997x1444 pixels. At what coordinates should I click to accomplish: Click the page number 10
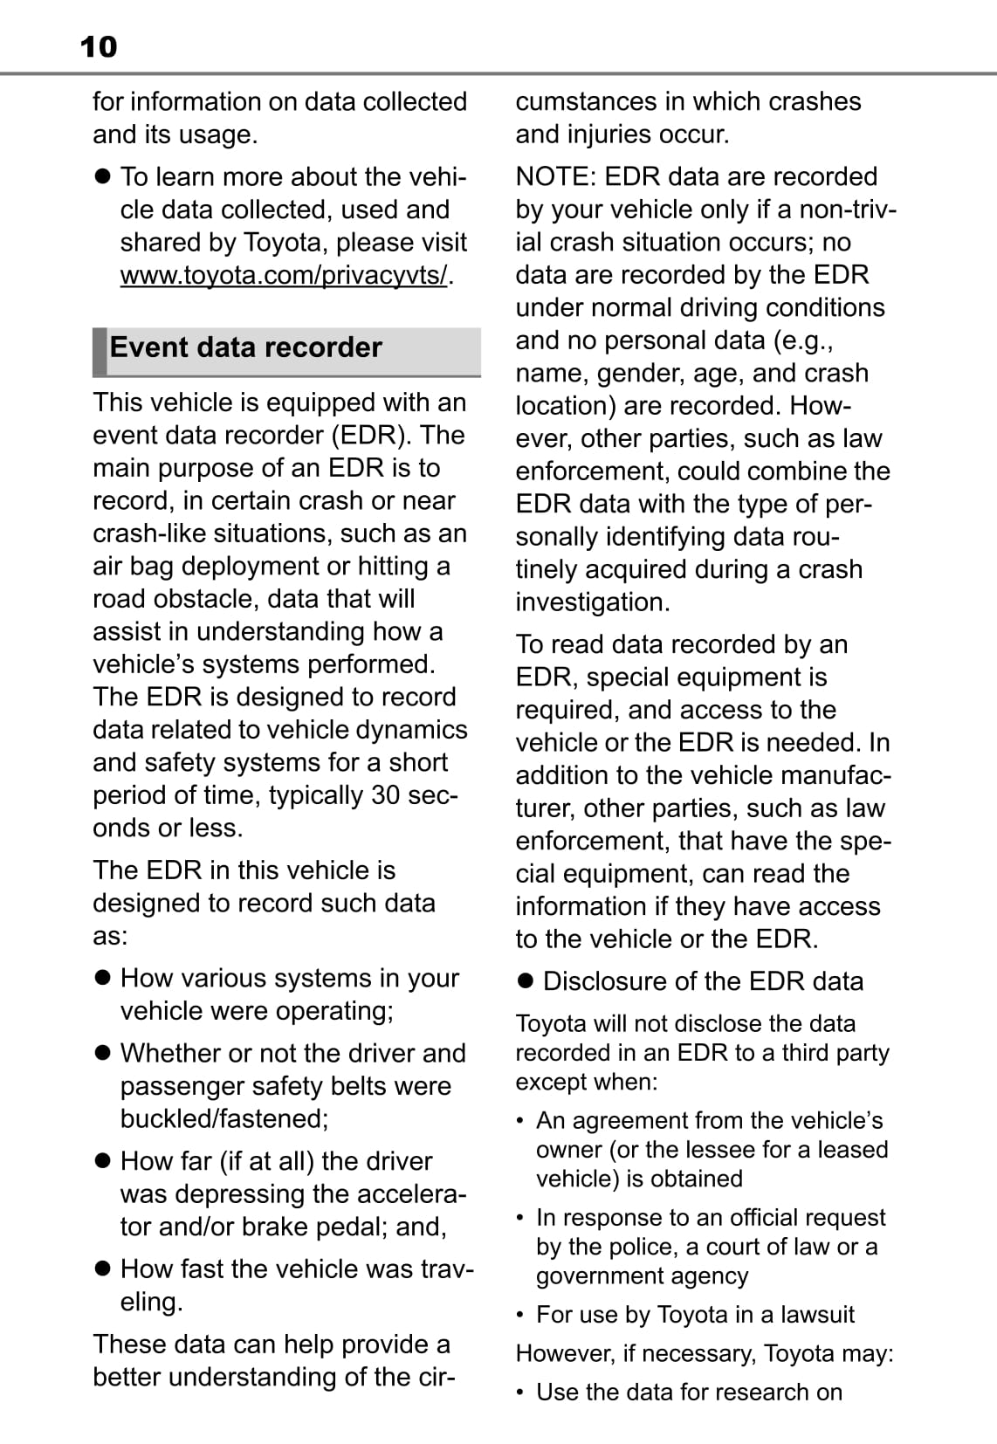point(98,46)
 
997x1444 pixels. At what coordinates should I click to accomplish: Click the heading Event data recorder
point(245,347)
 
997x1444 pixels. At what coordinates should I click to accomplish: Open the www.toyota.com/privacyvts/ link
point(284,275)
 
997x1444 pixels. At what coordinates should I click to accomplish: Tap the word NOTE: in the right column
point(556,176)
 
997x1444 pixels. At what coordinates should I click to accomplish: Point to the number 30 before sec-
point(389,795)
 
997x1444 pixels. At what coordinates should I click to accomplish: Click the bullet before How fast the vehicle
point(103,1269)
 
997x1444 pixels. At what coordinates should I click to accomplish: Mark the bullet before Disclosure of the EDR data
point(525,981)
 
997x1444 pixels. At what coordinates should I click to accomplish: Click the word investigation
point(593,602)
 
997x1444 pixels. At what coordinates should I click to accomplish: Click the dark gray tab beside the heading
point(100,352)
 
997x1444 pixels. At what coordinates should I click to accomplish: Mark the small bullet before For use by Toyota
point(520,1315)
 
